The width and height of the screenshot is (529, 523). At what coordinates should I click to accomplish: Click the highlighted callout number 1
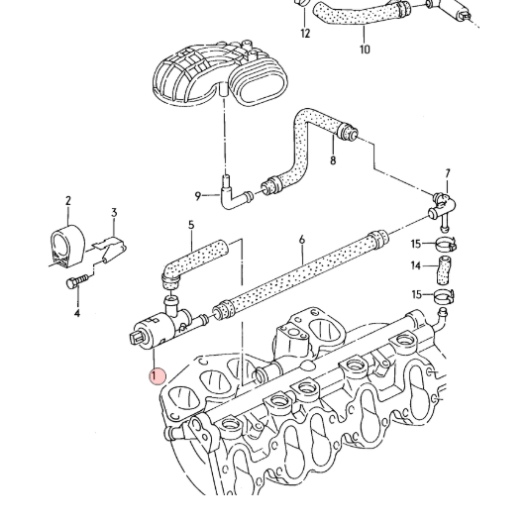154,375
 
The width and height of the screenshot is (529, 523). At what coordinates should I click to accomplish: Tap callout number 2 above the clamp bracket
68,201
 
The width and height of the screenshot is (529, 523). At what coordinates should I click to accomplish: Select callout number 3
114,213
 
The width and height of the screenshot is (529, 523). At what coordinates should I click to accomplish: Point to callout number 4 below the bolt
77,313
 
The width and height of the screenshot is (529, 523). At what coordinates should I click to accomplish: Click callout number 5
191,225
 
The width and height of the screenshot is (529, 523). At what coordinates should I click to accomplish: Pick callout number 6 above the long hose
302,240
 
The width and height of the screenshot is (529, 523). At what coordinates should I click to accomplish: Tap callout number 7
448,173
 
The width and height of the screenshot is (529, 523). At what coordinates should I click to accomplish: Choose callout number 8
333,159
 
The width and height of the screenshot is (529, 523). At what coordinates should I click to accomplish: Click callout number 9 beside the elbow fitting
198,196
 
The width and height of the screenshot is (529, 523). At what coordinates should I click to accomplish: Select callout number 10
365,50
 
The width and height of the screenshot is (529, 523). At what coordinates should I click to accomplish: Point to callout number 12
305,34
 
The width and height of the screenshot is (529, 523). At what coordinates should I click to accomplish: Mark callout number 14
416,266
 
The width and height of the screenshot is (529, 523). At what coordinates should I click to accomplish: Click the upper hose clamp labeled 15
446,244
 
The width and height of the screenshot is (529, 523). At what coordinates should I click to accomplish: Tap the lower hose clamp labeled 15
444,296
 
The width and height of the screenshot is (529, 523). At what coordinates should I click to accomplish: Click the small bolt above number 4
77,281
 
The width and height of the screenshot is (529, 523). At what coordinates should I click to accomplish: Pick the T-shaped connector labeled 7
442,209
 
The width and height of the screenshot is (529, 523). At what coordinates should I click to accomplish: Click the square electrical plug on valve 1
138,337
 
